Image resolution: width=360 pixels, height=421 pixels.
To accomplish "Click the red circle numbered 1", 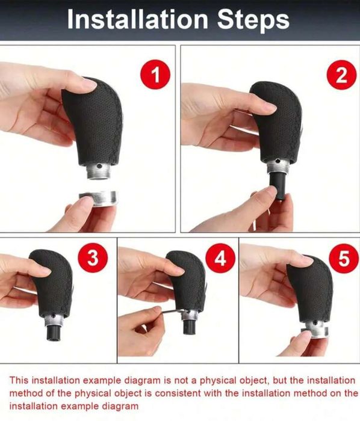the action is pos(155,75).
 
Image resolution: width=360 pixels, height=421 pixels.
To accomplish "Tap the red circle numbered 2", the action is pos(341,75).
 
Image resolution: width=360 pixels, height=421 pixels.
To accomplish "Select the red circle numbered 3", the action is pos(93,258).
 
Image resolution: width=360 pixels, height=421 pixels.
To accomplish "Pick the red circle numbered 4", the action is pos(220,258).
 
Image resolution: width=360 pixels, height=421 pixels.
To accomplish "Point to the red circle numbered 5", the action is pos(344,258).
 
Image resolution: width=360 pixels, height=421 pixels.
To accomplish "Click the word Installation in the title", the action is pos(137,19).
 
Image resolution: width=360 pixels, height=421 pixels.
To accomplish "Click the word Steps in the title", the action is pos(253,20).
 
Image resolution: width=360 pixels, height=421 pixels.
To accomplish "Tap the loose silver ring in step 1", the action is pos(98,198).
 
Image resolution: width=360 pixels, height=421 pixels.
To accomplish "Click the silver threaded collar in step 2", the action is pos(278,166).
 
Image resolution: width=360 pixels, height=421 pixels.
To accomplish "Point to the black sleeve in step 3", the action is pos(54,333).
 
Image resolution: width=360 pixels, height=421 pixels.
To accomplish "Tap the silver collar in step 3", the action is pos(54,319).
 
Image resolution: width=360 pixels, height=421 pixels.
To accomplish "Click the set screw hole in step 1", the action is pos(99,166).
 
